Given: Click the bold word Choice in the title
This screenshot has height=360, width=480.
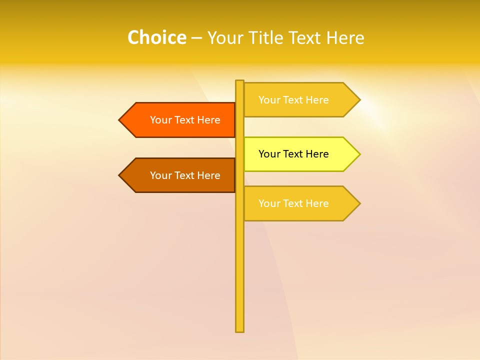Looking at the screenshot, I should click(156, 38).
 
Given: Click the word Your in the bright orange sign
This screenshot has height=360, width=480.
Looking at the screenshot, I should click(161, 120).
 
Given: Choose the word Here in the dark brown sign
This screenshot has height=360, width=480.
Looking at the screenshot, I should click(208, 175).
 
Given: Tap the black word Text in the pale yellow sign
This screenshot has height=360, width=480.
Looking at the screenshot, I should click(293, 154).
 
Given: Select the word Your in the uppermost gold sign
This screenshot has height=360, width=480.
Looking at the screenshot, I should click(269, 100).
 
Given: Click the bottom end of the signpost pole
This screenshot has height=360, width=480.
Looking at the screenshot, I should click(239, 330).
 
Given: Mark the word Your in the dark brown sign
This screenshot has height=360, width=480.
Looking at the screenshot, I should click(161, 175).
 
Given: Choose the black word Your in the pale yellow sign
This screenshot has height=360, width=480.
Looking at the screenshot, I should click(269, 154).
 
